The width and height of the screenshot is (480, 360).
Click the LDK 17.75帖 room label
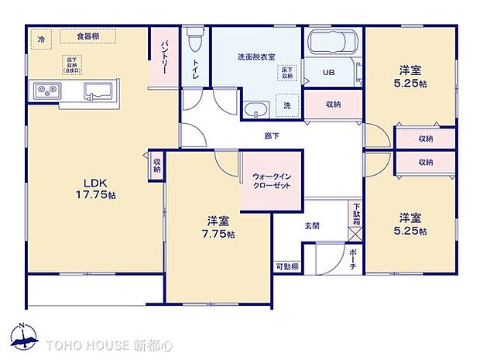pos(95,189)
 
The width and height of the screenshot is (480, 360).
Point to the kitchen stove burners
pos(45,91)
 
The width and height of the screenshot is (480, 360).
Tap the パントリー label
pos(164,57)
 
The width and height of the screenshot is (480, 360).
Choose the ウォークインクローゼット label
pos(271,180)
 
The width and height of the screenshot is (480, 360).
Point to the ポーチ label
pos(352,258)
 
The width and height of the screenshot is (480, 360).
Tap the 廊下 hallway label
pos(272,135)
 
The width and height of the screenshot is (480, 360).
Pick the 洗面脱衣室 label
pos(256,57)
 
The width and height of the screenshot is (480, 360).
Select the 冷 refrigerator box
pos(41,37)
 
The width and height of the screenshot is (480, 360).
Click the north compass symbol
pos(25,336)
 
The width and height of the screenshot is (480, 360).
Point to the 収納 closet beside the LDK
pos(156,166)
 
